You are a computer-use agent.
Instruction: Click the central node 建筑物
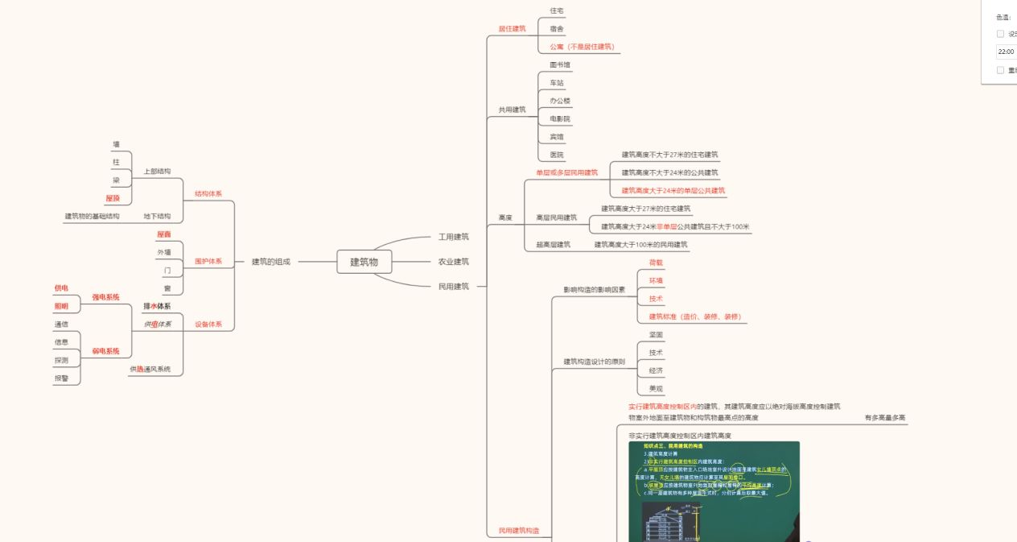click(x=364, y=262)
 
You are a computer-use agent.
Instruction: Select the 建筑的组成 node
click(x=270, y=262)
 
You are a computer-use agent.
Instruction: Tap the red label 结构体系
click(x=208, y=194)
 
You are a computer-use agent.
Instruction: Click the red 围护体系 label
click(x=208, y=262)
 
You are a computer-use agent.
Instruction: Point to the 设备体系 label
click(x=208, y=325)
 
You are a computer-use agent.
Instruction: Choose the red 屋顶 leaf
click(x=113, y=198)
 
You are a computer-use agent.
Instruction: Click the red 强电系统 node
click(x=105, y=297)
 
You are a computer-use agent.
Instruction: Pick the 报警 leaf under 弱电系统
click(x=61, y=379)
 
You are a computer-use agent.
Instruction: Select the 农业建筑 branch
click(x=453, y=262)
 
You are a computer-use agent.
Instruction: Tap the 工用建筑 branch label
click(x=453, y=237)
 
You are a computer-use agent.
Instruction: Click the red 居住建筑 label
click(x=512, y=28)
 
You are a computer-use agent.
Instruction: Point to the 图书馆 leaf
click(x=560, y=64)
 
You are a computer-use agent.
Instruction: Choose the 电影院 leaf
click(x=560, y=118)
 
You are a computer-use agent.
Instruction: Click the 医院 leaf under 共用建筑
click(x=557, y=155)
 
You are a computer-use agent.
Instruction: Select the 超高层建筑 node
click(x=553, y=244)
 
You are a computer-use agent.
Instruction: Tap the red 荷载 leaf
click(x=656, y=263)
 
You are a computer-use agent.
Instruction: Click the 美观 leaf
click(x=656, y=389)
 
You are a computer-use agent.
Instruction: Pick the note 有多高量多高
click(x=885, y=418)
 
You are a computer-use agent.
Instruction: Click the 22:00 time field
click(x=1007, y=52)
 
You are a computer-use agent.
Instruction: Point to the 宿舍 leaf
click(x=557, y=28)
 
